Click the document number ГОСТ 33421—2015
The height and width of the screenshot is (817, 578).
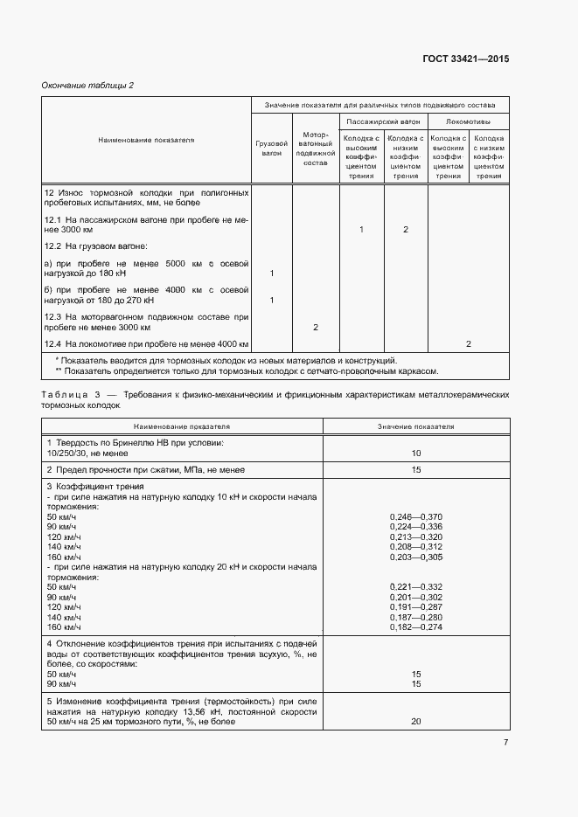click(464, 59)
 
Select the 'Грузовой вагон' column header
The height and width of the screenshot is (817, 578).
click(272, 147)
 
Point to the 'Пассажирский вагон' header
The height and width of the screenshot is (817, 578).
click(382, 121)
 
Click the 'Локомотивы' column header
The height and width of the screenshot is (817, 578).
click(468, 121)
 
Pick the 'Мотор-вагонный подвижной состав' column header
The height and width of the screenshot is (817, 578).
click(315, 149)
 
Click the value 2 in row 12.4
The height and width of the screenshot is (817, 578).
click(468, 344)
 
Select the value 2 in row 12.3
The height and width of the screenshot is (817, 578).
click(315, 327)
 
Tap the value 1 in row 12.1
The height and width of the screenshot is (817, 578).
click(361, 229)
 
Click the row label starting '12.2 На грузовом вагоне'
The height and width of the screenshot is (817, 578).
click(96, 246)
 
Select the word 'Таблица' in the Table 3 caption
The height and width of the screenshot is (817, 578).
click(65, 395)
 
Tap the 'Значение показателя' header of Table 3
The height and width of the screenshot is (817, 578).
click(415, 426)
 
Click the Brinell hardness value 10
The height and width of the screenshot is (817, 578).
click(415, 454)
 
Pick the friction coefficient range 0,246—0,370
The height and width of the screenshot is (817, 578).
click(415, 517)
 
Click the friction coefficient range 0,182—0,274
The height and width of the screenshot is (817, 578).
click(415, 627)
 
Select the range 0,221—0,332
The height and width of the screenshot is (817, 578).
click(415, 585)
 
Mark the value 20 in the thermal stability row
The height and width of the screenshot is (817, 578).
click(415, 722)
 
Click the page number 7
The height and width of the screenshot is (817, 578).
click(505, 743)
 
